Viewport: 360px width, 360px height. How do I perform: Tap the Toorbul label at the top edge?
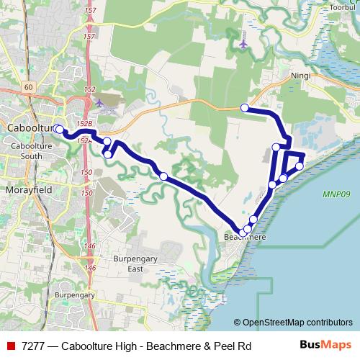click(344, 6)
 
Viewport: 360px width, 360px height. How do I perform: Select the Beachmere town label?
click(246, 237)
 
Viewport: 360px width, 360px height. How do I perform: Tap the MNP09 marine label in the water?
click(335, 194)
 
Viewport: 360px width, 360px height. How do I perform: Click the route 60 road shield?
click(28, 87)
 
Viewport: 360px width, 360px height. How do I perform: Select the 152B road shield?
click(85, 124)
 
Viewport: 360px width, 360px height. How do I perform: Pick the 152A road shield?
click(84, 141)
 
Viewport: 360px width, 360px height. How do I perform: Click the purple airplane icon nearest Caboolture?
click(99, 104)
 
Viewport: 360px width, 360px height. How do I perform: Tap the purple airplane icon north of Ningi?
click(244, 45)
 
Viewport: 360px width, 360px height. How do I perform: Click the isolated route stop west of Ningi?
click(245, 108)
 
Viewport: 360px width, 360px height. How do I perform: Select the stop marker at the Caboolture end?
click(59, 130)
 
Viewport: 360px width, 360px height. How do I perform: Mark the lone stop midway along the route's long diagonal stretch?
click(163, 176)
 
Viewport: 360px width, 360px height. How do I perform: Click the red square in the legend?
click(10, 346)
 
